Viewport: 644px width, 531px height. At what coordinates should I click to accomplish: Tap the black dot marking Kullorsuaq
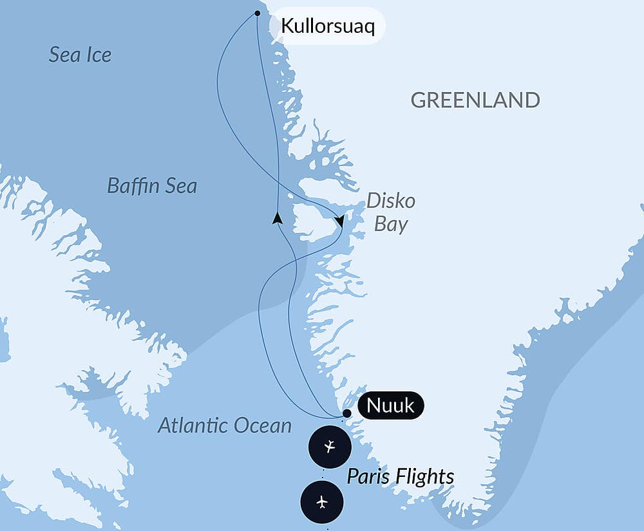click(x=258, y=13)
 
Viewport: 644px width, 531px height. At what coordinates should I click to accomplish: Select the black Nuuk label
click(x=390, y=407)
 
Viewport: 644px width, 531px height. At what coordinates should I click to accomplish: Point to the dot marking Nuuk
click(x=346, y=413)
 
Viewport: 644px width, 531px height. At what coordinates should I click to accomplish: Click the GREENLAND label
click(x=475, y=100)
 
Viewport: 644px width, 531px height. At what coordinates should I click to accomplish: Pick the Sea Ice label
click(x=80, y=55)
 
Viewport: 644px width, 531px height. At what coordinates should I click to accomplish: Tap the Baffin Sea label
click(x=152, y=187)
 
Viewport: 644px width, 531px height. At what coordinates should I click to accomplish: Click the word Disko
click(x=391, y=201)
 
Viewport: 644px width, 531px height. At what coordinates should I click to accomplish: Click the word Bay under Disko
click(x=391, y=225)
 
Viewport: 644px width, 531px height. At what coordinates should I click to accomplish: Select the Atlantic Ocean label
click(x=225, y=425)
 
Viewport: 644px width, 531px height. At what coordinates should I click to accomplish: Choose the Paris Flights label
click(x=401, y=477)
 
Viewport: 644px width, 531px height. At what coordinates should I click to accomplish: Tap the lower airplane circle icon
click(x=322, y=501)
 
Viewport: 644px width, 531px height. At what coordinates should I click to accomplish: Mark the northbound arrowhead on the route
click(x=277, y=218)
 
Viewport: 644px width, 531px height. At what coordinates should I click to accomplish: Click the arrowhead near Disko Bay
click(x=339, y=221)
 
